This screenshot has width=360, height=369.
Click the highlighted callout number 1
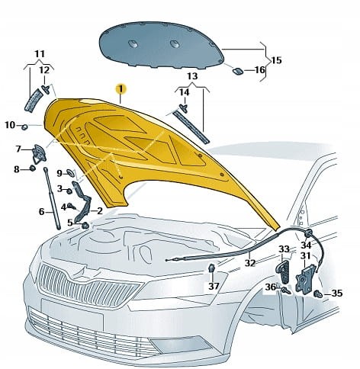point(121,89)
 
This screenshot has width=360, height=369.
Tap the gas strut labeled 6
point(53,198)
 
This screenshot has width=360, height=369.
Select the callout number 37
point(214,286)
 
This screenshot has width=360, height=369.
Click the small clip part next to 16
point(238,71)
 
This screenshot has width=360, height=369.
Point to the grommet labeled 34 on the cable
point(308,233)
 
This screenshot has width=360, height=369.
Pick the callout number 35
point(337,294)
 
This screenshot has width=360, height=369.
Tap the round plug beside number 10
point(24,127)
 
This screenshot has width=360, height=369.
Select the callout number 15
point(277,60)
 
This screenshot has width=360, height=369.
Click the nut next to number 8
point(32,168)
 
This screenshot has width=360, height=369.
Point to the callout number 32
point(249,262)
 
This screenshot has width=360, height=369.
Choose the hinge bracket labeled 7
point(39,154)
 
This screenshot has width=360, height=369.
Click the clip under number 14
point(184,107)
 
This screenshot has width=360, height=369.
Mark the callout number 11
point(40,54)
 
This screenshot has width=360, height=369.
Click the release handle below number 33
point(283,272)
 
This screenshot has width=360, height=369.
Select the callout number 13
point(192,75)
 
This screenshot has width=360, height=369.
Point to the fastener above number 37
point(211,268)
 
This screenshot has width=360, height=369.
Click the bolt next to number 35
point(318,294)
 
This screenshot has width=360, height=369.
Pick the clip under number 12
point(46,89)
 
